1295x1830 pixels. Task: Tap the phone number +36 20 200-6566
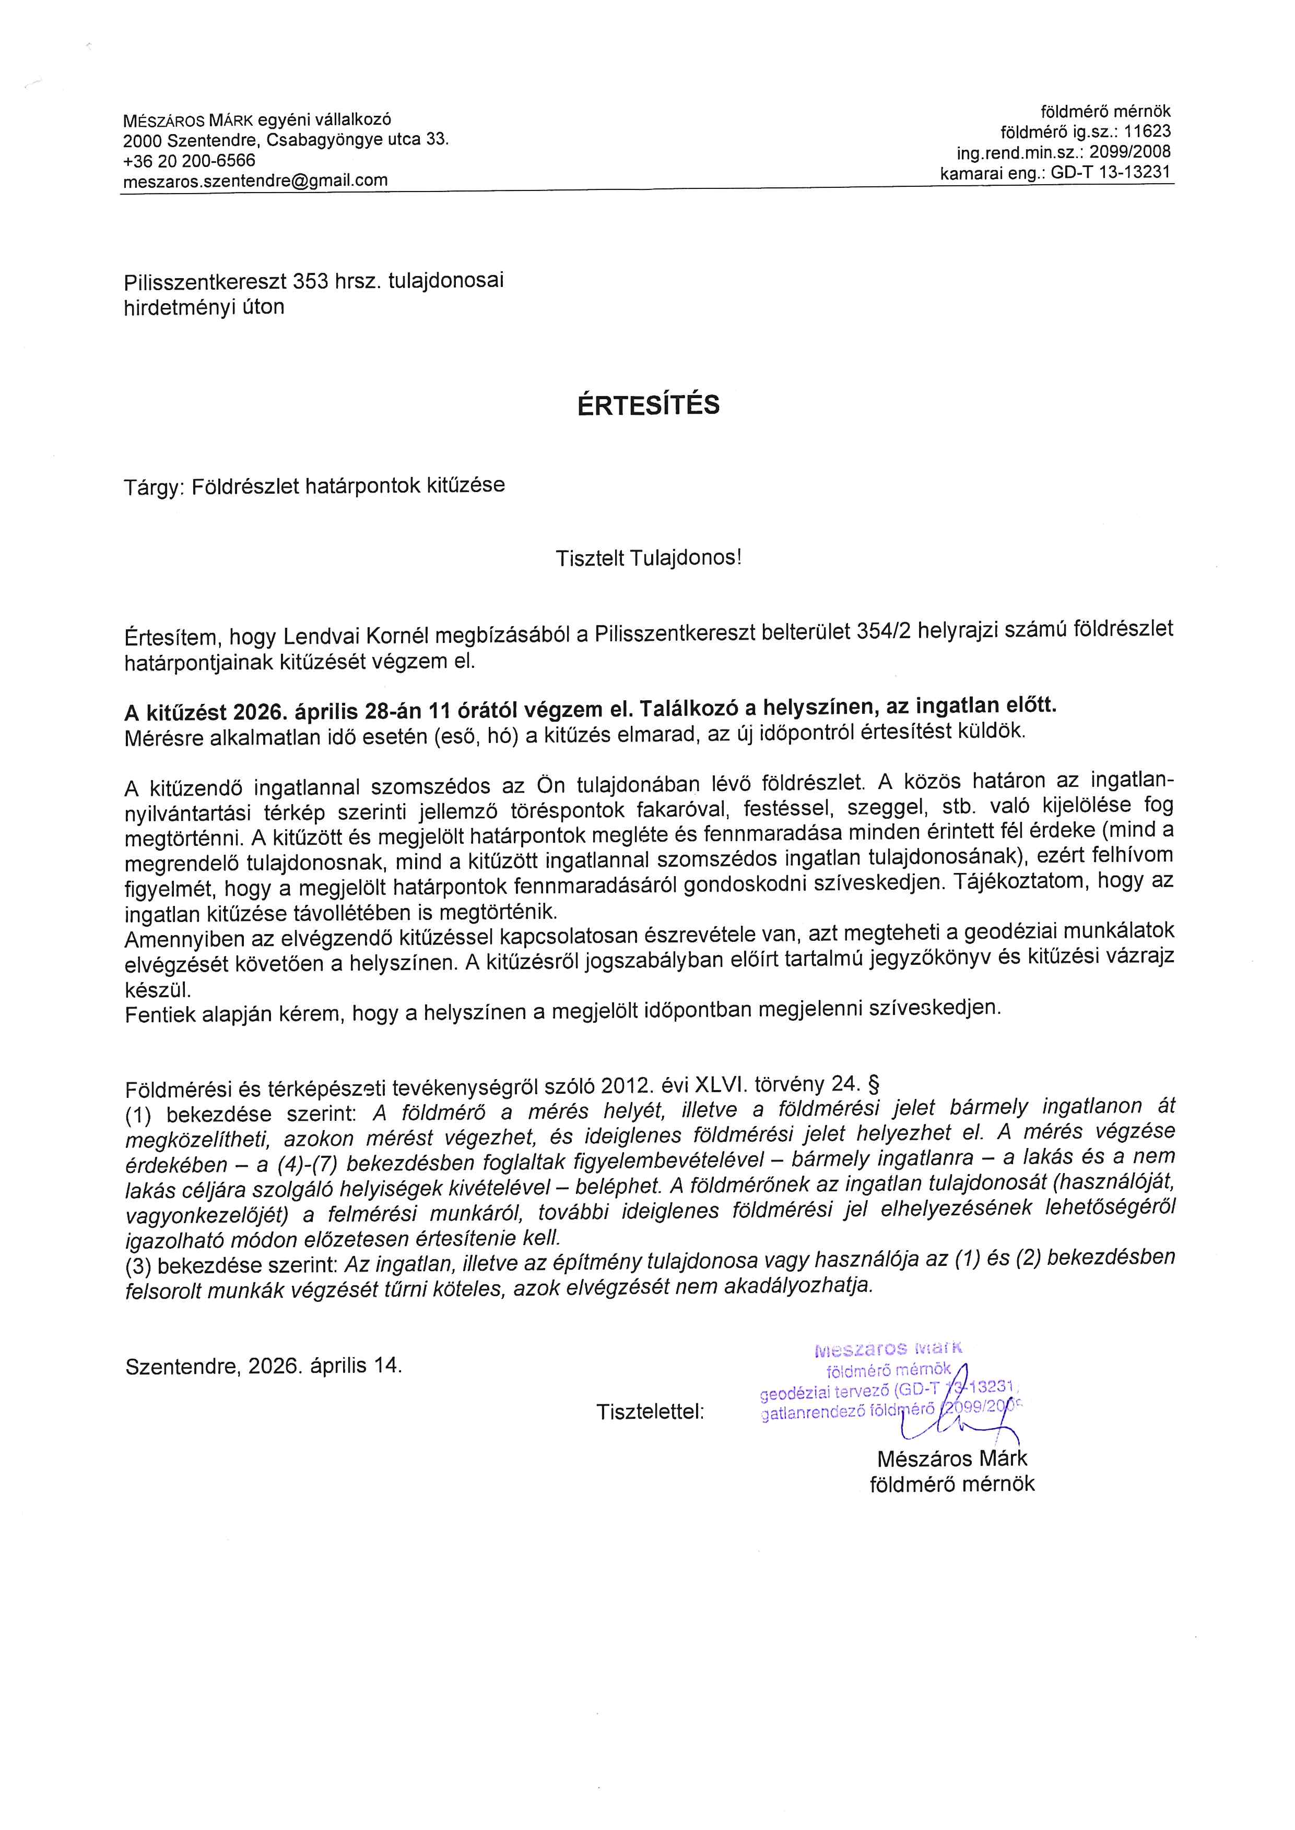click(189, 160)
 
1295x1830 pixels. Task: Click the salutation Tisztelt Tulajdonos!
click(649, 558)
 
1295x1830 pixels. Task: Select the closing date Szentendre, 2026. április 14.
click(263, 1366)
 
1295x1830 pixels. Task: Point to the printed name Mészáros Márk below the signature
click(951, 1458)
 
